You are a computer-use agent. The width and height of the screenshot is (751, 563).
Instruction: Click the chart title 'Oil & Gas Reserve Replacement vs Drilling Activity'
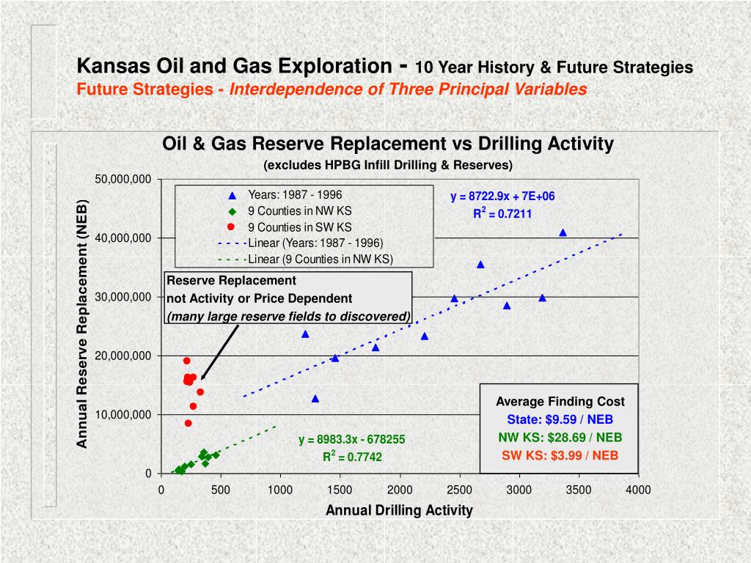coord(387,144)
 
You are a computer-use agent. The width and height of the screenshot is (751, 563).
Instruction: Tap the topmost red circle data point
coord(187,361)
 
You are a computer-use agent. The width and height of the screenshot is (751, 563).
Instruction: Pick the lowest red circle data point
coord(188,423)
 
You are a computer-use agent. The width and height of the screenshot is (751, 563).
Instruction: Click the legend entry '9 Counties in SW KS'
coord(299,227)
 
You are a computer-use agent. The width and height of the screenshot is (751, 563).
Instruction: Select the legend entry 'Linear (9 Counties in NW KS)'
coord(320,259)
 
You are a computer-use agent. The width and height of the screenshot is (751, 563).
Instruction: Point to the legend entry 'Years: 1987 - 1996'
coord(295,195)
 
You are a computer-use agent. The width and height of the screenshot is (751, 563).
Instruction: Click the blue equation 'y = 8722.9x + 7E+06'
coord(502,196)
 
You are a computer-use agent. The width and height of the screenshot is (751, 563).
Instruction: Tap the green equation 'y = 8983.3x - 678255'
coord(351,440)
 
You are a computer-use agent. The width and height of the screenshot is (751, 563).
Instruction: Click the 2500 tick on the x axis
coord(460,490)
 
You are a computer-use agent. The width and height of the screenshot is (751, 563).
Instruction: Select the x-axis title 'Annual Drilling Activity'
coord(399,510)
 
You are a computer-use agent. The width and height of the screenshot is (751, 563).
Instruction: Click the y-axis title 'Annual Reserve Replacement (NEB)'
coord(83,323)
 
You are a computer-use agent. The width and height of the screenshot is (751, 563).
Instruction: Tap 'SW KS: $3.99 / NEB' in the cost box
coord(560,455)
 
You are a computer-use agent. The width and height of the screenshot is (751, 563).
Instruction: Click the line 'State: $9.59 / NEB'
coord(560,420)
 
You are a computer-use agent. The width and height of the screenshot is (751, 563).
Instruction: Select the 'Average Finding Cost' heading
coord(560,401)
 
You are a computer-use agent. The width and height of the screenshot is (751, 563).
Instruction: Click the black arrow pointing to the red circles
coord(220,352)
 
